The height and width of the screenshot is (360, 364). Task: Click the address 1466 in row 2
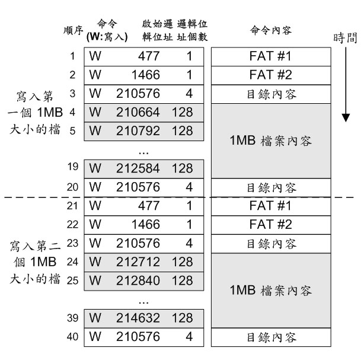point(146,75)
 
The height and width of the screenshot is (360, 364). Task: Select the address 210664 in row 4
point(138,113)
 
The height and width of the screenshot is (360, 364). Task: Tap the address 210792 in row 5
point(138,131)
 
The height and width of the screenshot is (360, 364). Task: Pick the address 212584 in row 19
point(138,168)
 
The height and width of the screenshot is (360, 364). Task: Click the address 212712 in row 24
point(138,262)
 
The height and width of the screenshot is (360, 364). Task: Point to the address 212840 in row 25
point(138,281)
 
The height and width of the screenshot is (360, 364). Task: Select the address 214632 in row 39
point(138,318)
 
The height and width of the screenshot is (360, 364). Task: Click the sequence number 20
point(72,187)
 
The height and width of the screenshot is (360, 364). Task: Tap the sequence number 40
point(72,337)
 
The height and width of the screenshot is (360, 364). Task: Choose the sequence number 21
point(72,206)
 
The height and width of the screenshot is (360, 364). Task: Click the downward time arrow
point(346,85)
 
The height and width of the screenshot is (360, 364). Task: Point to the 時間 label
point(345,38)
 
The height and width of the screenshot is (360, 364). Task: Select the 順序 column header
point(73,30)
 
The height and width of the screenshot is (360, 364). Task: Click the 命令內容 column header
point(271,30)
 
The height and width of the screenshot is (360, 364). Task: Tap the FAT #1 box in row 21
point(271,206)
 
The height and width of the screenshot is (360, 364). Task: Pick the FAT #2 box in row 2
point(271,75)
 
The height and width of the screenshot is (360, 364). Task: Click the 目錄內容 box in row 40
point(271,337)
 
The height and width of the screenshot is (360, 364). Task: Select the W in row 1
point(95,56)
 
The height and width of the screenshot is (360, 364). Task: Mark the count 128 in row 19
point(183,168)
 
